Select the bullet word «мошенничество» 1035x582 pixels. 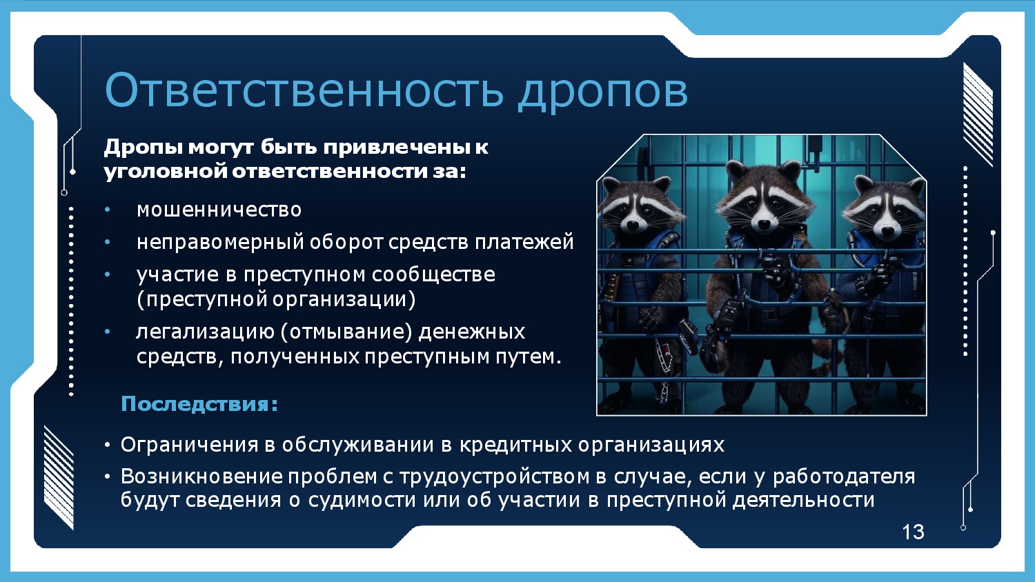219,210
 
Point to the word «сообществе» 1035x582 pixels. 433,275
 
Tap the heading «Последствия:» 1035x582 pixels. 199,404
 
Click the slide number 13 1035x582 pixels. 913,532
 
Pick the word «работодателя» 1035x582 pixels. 844,476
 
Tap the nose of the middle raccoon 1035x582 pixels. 764,224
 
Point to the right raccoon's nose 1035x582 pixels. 887,230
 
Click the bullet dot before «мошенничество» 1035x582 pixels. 108,210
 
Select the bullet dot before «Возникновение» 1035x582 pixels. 108,476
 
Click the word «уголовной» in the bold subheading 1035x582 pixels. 166,172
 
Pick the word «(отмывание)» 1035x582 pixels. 346,332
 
